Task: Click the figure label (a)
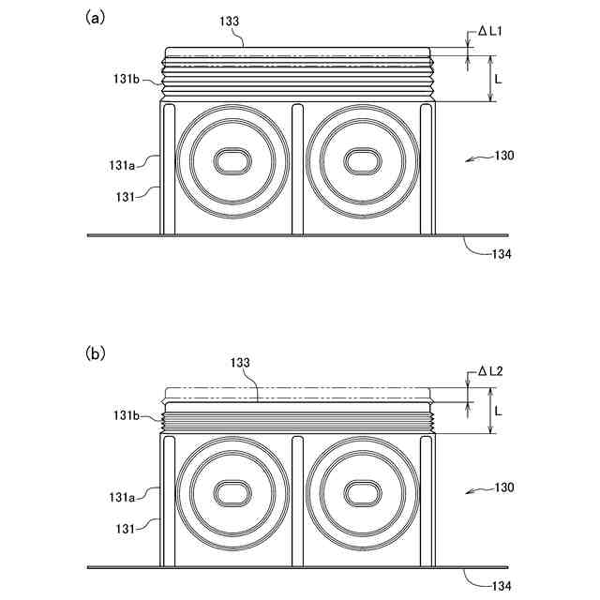pyautogui.click(x=94, y=17)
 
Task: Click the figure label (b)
pyautogui.click(x=95, y=353)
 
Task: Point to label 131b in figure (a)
pyautogui.click(x=127, y=80)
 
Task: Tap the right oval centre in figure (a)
pyautogui.click(x=360, y=160)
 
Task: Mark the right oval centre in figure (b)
pyautogui.click(x=360, y=493)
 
